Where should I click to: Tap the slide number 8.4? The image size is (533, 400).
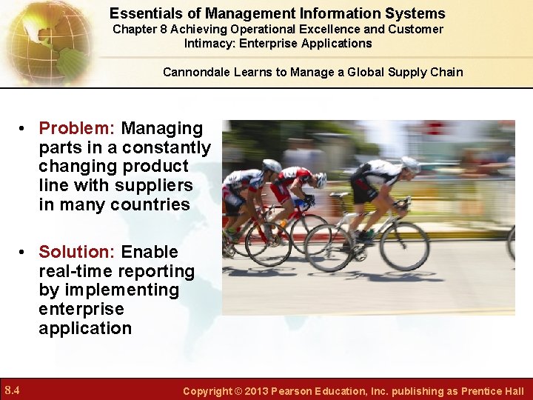(x=12, y=390)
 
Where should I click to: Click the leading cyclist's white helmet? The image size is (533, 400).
(x=410, y=164)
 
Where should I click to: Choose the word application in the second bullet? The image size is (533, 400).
(x=85, y=328)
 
